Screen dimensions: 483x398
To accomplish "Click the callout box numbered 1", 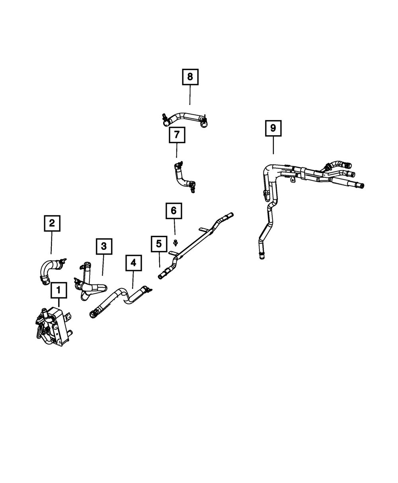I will pyautogui.click(x=59, y=291).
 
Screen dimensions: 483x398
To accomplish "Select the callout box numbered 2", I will pyautogui.click(x=52, y=223).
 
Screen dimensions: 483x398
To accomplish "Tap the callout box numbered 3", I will pyautogui.click(x=104, y=246).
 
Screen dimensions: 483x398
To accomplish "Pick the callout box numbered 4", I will pyautogui.click(x=133, y=263).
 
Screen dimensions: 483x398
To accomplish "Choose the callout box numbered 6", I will pyautogui.click(x=174, y=211).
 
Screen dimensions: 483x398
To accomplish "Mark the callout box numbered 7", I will pyautogui.click(x=177, y=135).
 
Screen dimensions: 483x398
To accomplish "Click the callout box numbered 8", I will pyautogui.click(x=190, y=77).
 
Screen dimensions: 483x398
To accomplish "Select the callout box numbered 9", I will pyautogui.click(x=273, y=128).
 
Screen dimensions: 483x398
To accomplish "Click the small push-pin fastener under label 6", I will pyautogui.click(x=176, y=241).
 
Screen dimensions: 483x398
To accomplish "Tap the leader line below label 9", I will pyautogui.click(x=273, y=145).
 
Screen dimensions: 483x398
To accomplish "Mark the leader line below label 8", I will pyautogui.click(x=190, y=95).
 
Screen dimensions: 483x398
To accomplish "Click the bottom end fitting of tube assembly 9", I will pyautogui.click(x=261, y=255).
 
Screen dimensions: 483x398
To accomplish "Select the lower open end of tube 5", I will pyautogui.click(x=162, y=276).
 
